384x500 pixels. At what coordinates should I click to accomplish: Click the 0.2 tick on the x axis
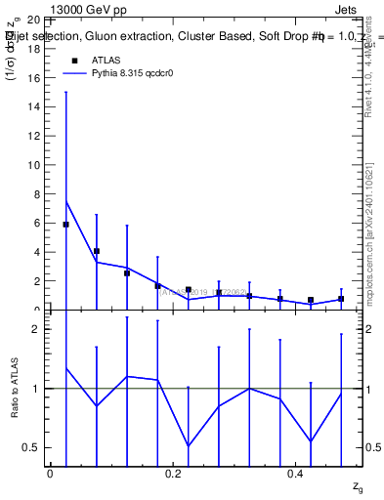click(x=172, y=474)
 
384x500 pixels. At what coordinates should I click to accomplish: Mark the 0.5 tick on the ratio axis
click(x=32, y=448)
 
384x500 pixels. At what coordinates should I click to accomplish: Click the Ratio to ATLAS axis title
click(x=15, y=388)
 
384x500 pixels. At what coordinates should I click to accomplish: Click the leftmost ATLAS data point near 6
click(x=65, y=225)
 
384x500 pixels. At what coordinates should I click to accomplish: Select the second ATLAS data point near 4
click(x=97, y=251)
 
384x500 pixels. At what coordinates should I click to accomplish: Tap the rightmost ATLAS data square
click(x=341, y=299)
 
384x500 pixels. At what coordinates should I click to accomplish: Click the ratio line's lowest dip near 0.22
click(x=189, y=445)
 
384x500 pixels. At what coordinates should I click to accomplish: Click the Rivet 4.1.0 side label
click(x=369, y=73)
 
